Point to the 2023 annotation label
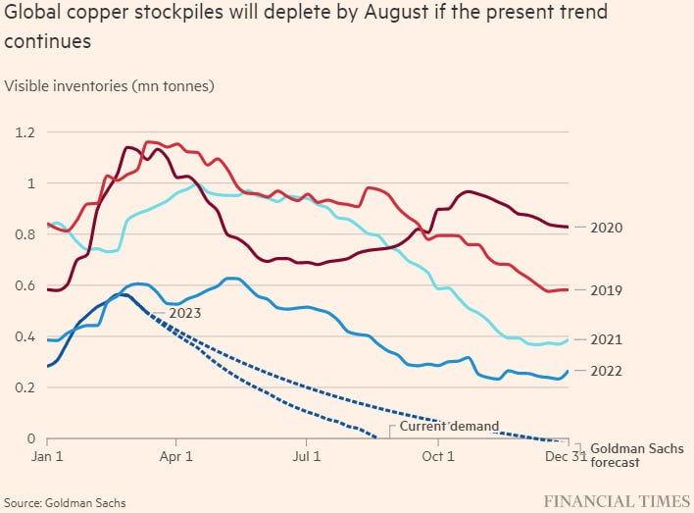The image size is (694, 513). tap(183, 313)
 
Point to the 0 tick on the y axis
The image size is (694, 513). tap(31, 438)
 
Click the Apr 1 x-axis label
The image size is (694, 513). tap(176, 456)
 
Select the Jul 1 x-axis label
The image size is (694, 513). tap(307, 456)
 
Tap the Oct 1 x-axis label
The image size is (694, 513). tap(437, 456)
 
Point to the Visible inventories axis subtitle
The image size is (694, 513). tap(109, 85)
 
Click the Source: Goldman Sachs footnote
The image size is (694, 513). tap(65, 503)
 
